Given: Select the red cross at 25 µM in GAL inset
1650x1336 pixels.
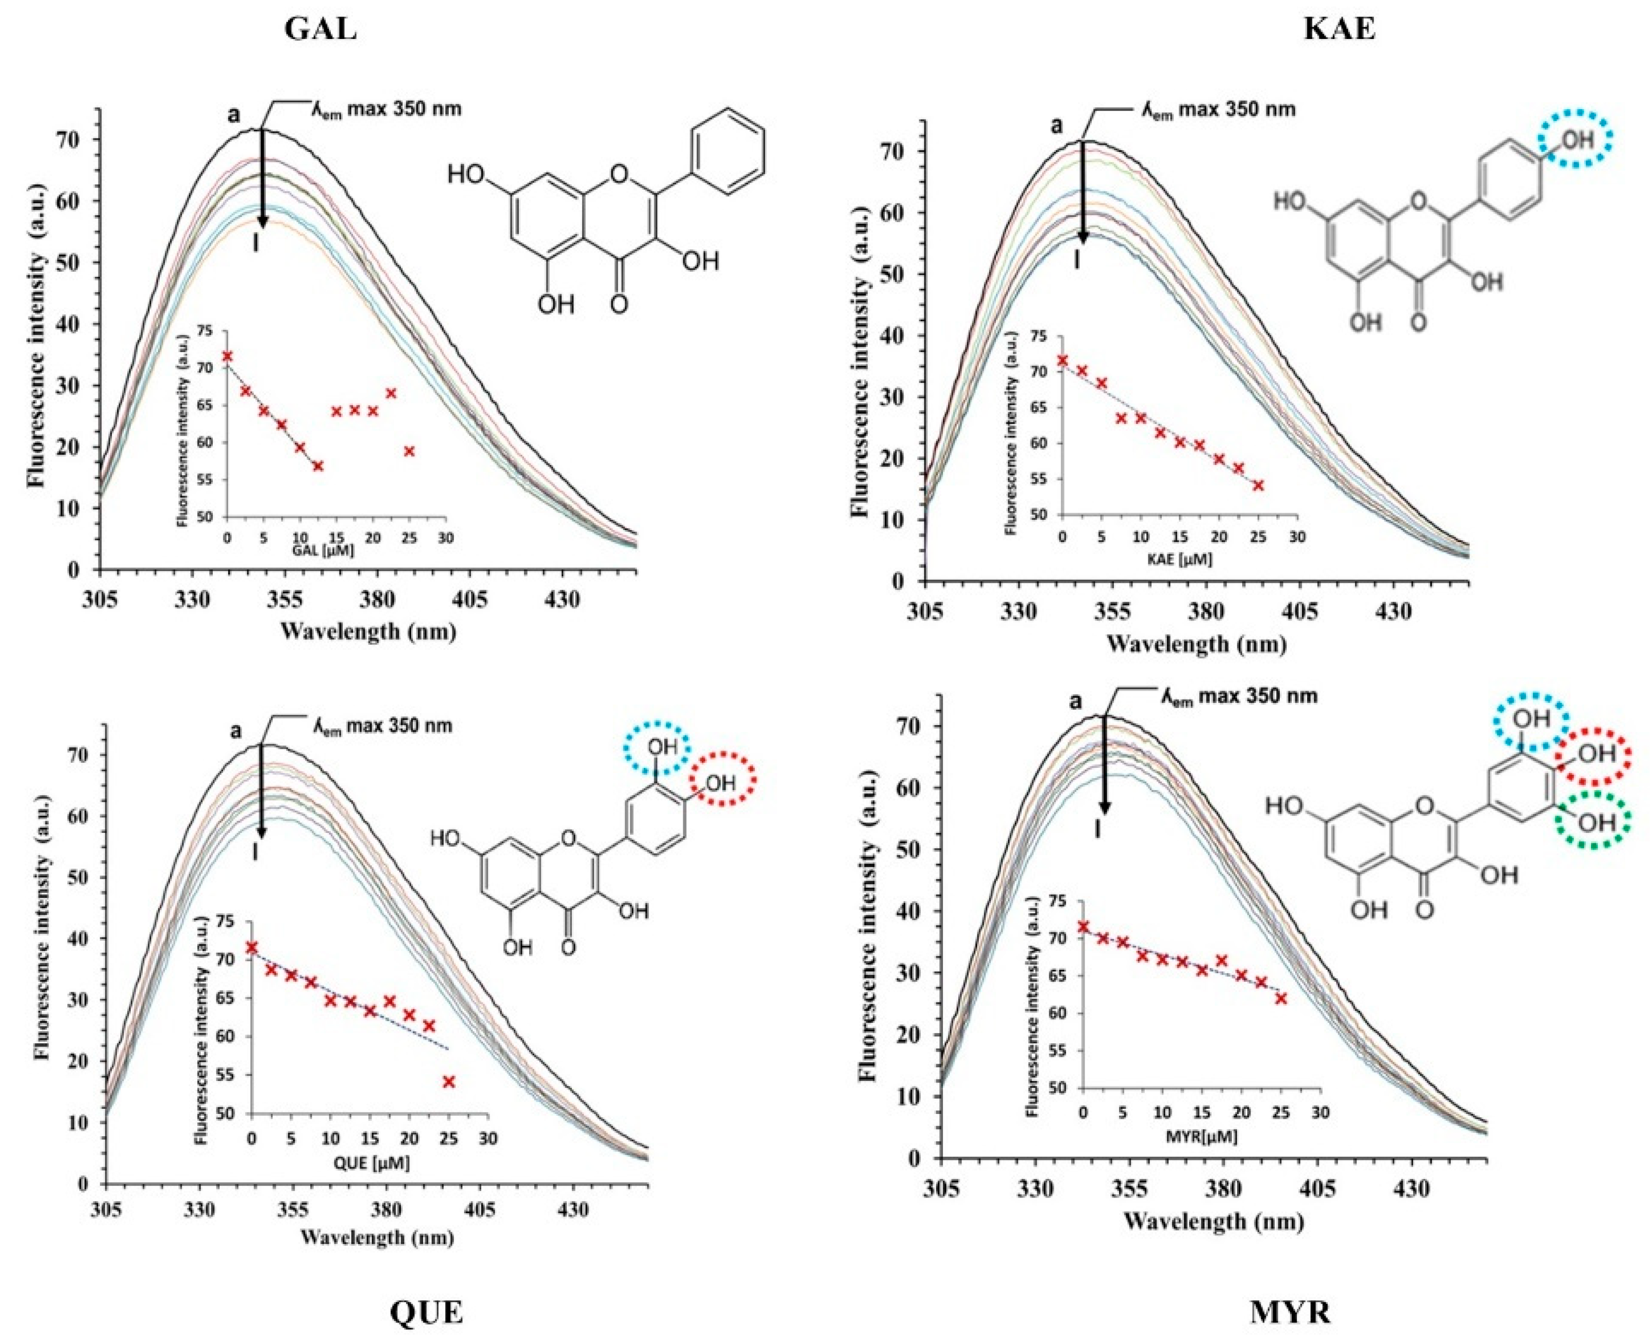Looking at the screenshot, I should pos(409,451).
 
